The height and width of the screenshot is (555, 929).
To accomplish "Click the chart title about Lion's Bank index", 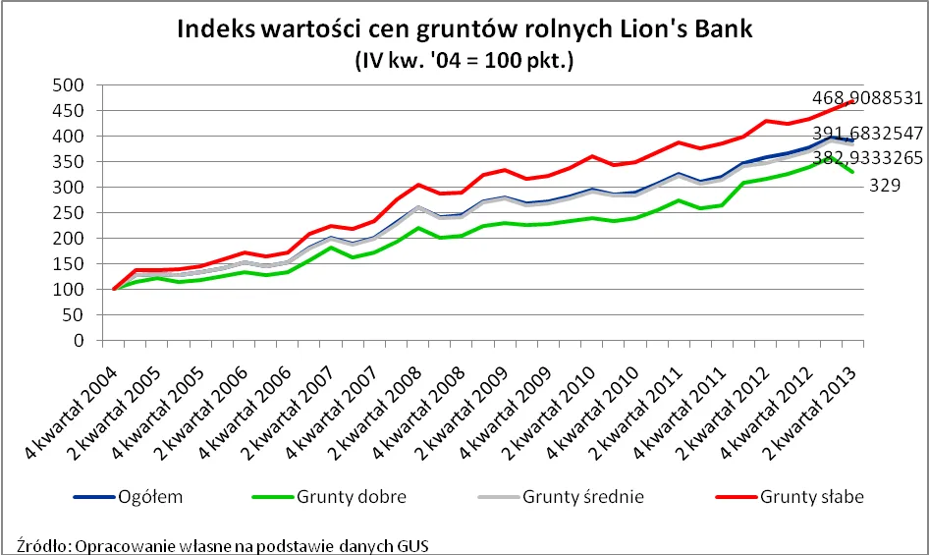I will [464, 28].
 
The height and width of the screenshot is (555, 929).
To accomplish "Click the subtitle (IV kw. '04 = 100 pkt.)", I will [464, 60].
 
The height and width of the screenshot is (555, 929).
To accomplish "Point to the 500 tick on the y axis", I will [68, 85].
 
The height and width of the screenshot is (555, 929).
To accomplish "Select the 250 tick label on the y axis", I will [68, 213].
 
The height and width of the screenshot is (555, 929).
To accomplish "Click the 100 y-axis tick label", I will [68, 290].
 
